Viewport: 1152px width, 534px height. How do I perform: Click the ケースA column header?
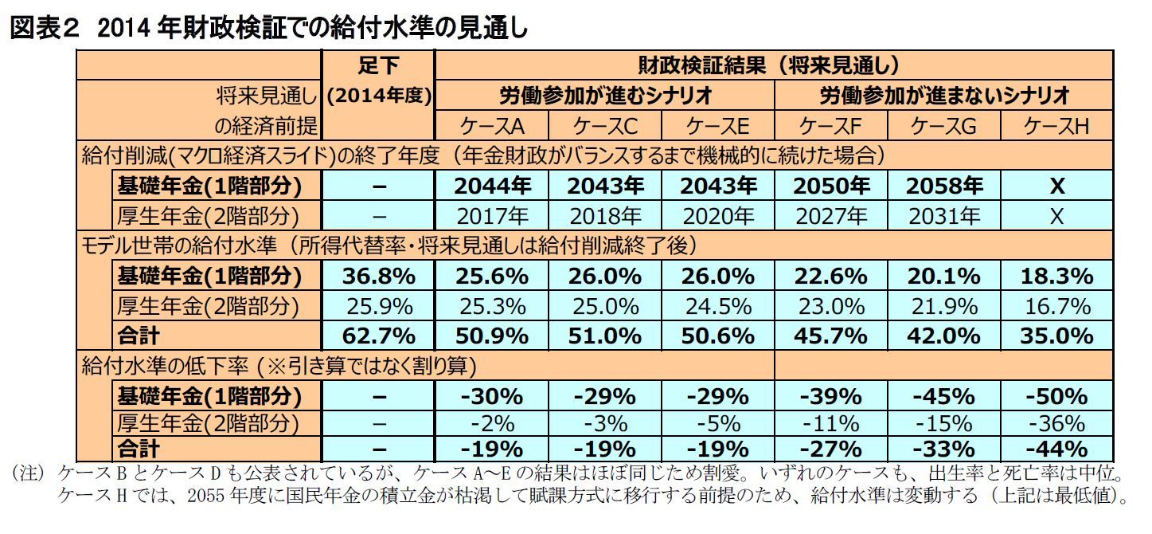pyautogui.click(x=493, y=126)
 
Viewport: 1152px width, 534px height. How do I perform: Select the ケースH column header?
pyautogui.click(x=1056, y=126)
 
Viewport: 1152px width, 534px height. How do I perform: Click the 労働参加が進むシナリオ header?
pyautogui.click(x=605, y=96)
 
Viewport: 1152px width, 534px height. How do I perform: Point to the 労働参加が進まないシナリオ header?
pyautogui.click(x=944, y=96)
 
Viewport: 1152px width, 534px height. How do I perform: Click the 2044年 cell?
pyautogui.click(x=493, y=186)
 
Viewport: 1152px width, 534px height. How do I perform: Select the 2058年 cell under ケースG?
pyautogui.click(x=944, y=186)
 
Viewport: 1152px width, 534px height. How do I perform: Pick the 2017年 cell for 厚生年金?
pyautogui.click(x=493, y=215)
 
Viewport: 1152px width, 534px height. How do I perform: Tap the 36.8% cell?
pyautogui.click(x=379, y=276)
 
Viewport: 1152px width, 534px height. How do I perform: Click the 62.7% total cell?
pyautogui.click(x=379, y=335)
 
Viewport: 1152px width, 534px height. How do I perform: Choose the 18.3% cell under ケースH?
pyautogui.click(x=1056, y=276)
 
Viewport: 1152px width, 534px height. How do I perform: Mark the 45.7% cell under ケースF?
pyautogui.click(x=831, y=335)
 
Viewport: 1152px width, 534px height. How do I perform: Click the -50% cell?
pyautogui.click(x=1056, y=396)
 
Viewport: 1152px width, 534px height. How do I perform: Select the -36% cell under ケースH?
pyautogui.click(x=1056, y=422)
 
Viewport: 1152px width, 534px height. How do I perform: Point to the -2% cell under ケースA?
pyautogui.click(x=493, y=422)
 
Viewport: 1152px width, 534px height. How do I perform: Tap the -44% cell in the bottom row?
pyautogui.click(x=1056, y=448)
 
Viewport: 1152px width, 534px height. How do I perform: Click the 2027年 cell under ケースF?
pyautogui.click(x=831, y=215)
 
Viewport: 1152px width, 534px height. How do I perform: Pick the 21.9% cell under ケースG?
pyautogui.click(x=944, y=305)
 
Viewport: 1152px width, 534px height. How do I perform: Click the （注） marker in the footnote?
pyautogui.click(x=30, y=473)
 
